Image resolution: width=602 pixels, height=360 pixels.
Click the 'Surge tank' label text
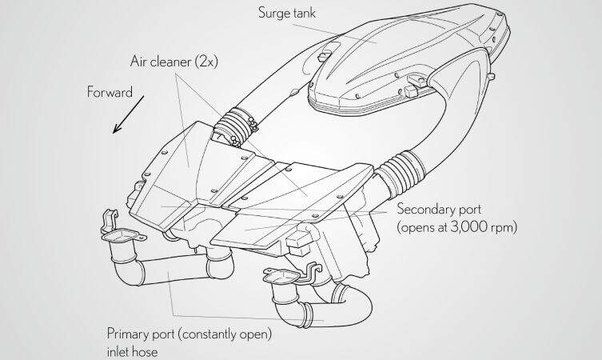287,13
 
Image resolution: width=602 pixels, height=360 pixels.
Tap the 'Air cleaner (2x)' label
174,62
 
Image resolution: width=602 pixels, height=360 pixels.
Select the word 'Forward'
110,92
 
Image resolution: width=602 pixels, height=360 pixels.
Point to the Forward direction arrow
128,114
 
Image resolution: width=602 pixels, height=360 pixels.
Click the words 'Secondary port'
439,210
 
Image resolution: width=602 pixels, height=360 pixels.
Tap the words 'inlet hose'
132,352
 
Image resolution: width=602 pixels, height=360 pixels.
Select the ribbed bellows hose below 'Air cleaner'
235,126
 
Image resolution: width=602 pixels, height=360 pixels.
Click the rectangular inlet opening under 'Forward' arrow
124,235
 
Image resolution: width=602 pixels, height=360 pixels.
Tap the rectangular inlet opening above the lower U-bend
282,276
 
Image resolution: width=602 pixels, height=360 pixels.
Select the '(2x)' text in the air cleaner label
206,62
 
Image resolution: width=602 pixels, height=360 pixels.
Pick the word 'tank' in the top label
304,13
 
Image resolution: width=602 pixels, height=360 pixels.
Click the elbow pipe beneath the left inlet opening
126,267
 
